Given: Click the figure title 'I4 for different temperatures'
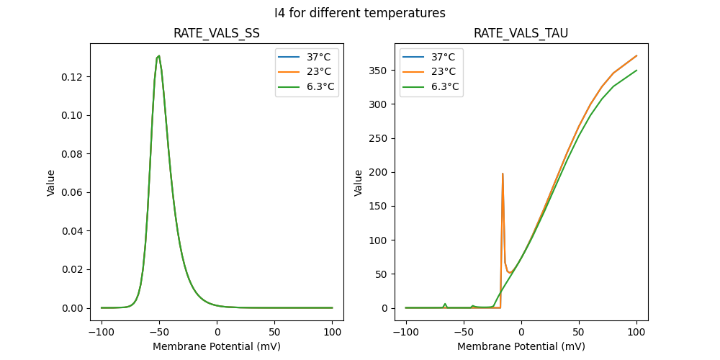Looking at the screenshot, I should pos(360,13).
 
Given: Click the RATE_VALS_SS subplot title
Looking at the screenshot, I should pos(217,34).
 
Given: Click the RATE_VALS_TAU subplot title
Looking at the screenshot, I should pos(521,34).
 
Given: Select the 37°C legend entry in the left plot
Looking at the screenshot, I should pos(307,57).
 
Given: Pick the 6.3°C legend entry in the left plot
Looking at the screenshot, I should pos(307,87).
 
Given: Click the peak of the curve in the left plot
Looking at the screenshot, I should pos(159,55).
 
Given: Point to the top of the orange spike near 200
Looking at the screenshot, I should pos(503,174).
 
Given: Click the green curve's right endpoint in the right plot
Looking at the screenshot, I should pos(636,71).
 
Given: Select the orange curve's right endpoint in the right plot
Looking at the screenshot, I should pos(636,55).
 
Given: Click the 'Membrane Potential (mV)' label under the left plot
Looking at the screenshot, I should pos(217,346).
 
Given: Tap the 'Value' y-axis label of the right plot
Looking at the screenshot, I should pos(358,182).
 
